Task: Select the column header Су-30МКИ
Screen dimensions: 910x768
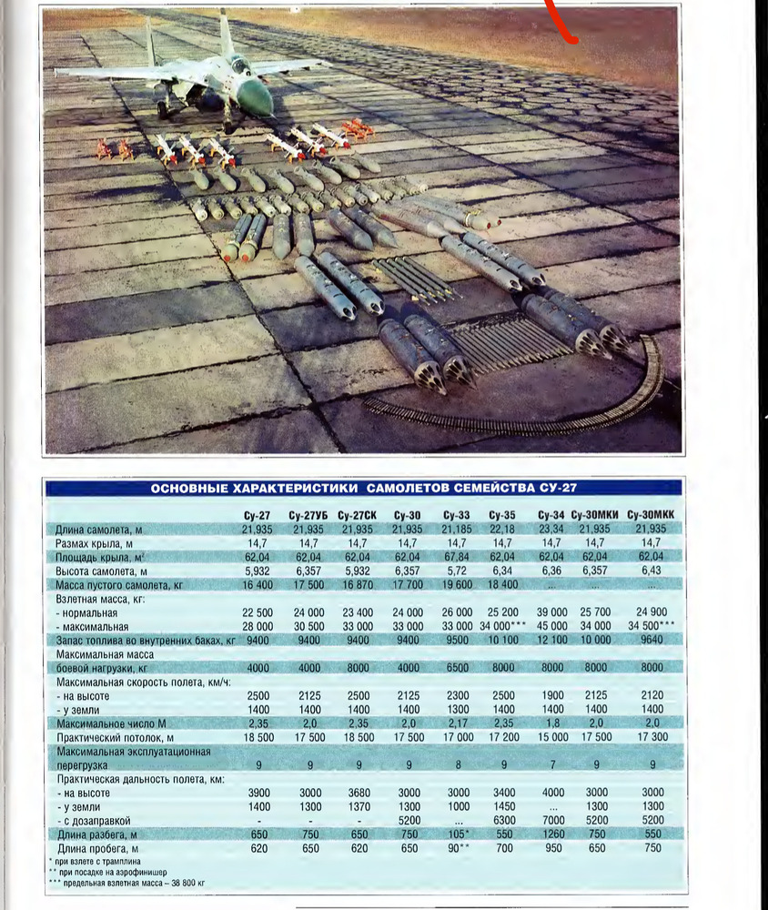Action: [x=595, y=514]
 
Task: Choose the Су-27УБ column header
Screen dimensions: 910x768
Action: [x=308, y=514]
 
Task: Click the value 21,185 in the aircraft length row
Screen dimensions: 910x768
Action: [x=459, y=529]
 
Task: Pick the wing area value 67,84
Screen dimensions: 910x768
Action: [x=459, y=556]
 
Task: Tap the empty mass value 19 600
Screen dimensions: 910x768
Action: [x=459, y=584]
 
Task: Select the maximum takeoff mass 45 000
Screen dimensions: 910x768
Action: [x=551, y=626]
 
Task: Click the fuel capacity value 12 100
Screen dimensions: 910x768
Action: [x=551, y=641]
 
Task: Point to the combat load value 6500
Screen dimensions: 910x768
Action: [x=459, y=667]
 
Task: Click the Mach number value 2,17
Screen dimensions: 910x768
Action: [x=459, y=723]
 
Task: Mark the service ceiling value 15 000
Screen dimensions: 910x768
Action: [x=551, y=737]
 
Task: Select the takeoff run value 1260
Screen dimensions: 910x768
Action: [x=551, y=834]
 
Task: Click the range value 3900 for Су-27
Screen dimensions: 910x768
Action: [x=258, y=793]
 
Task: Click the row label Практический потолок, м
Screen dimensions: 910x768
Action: [x=115, y=737]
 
